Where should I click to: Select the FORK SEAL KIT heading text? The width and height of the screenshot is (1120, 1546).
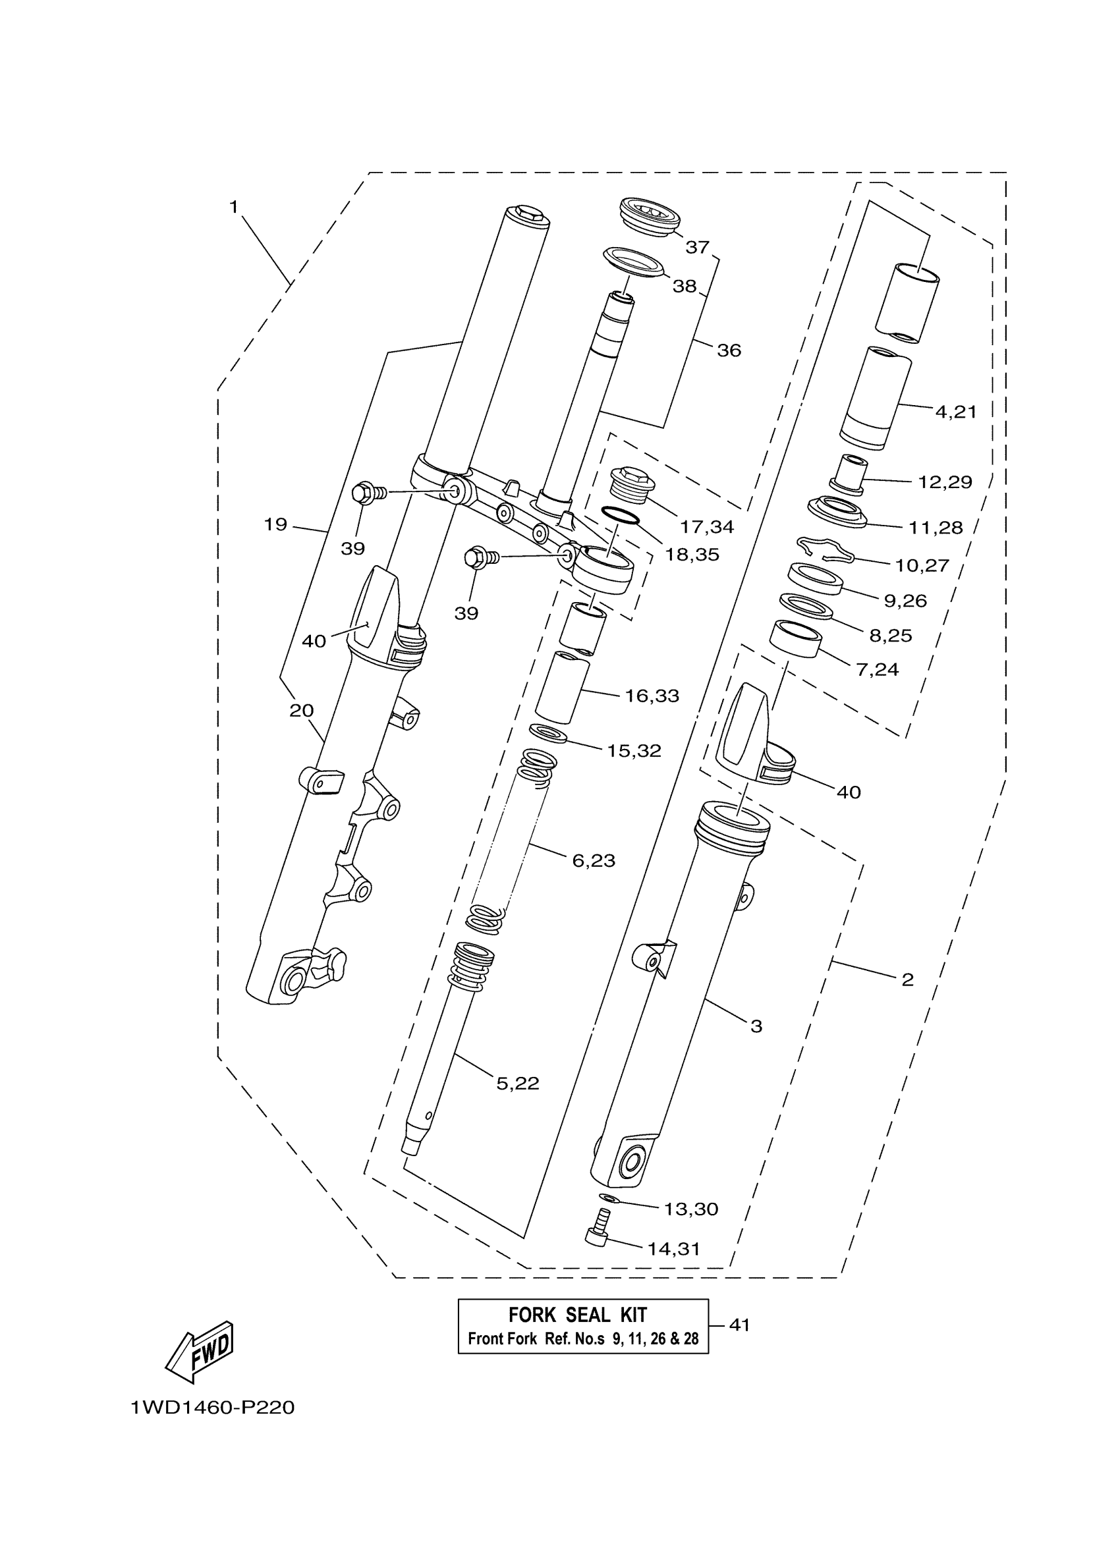(x=577, y=1315)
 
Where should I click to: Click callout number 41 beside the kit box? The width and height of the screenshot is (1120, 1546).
(x=740, y=1325)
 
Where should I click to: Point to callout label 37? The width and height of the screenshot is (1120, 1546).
(x=697, y=247)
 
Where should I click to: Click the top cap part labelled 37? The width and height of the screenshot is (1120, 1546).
(x=650, y=217)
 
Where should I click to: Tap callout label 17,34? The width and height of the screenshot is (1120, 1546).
(x=706, y=526)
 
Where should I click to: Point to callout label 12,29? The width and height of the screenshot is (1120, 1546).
(x=945, y=482)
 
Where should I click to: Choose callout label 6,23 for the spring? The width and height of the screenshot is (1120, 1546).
(x=593, y=861)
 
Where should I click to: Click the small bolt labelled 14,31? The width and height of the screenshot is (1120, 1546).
(x=597, y=1234)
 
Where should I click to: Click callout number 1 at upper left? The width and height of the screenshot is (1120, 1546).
(x=234, y=207)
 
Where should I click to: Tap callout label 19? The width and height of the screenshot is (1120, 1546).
(x=275, y=524)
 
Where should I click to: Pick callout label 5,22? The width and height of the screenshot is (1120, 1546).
(x=517, y=1083)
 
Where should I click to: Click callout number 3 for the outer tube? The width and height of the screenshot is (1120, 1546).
(x=756, y=1026)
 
